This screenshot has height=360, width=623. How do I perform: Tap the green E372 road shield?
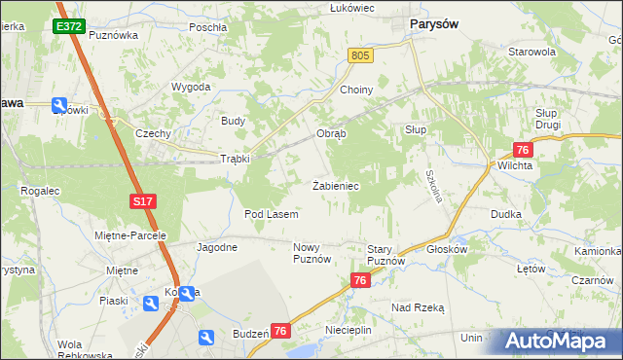pos(69,26)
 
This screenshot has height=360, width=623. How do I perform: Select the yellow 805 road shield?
pos(360,57)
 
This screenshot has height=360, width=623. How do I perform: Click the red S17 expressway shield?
pos(143,201)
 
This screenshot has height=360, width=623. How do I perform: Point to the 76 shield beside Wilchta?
pos(523,149)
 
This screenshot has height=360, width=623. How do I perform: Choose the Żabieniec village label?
pos(337,184)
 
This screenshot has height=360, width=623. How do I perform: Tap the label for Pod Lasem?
pos(271,213)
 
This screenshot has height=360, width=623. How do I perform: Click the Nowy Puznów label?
pos(312,253)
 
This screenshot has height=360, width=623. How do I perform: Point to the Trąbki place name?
pos(235,159)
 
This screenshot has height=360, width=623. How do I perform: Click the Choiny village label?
pos(356,90)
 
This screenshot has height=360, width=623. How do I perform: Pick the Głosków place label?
pos(448,248)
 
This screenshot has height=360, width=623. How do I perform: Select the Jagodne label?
pos(217,247)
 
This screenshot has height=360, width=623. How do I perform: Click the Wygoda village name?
pos(191,87)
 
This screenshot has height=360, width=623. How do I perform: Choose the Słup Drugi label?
pos(552,120)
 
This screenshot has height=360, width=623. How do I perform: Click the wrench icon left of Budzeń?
pos(206,337)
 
